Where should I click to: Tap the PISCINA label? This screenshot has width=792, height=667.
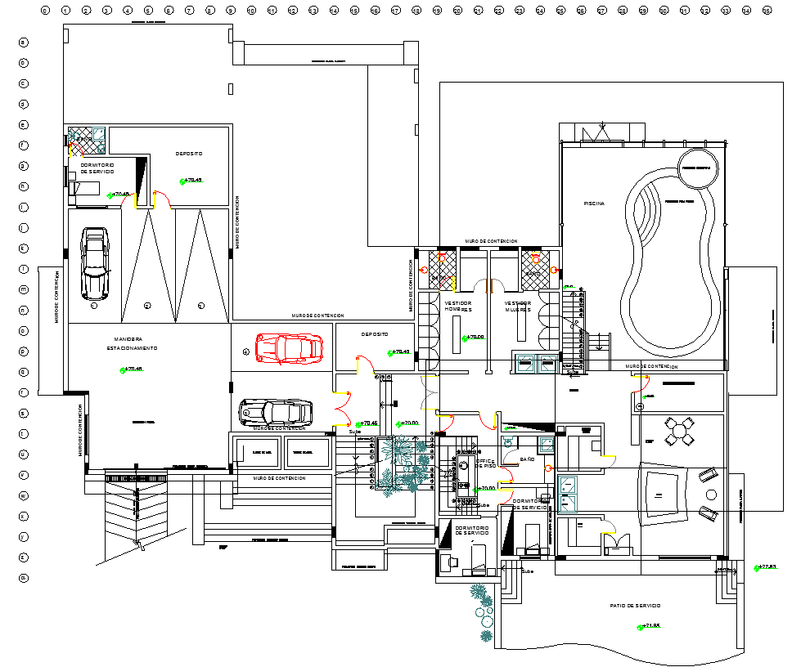pyautogui.click(x=594, y=204)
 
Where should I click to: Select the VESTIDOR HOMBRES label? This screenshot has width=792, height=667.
pyautogui.click(x=458, y=307)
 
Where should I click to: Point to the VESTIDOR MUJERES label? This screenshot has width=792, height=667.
pyautogui.click(x=517, y=307)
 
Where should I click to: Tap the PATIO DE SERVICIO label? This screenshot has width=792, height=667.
pyautogui.click(x=635, y=605)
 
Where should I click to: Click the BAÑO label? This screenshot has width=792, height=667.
pyautogui.click(x=528, y=459)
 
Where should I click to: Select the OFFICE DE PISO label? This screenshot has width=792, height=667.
pyautogui.click(x=486, y=463)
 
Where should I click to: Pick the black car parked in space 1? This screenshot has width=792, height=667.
pyautogui.click(x=95, y=263)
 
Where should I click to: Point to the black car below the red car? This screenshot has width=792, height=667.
pyautogui.click(x=276, y=411)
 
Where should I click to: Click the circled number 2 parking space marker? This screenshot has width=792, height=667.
pyautogui.click(x=147, y=305)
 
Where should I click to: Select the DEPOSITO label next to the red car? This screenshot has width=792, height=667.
pyautogui.click(x=375, y=334)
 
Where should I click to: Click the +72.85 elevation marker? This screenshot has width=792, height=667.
pyautogui.click(x=767, y=566)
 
